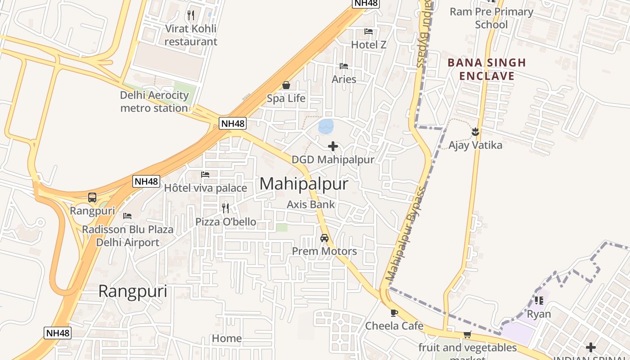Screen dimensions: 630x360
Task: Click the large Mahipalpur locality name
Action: point(304,184)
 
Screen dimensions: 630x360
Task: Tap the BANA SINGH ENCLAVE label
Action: point(487,69)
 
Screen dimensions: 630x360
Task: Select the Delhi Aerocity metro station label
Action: point(154,102)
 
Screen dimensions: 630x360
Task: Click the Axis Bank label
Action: point(311,204)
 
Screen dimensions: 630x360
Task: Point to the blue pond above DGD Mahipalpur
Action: point(326,126)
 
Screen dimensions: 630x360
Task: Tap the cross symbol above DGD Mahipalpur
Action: point(333,146)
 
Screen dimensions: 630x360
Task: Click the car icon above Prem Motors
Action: point(324,238)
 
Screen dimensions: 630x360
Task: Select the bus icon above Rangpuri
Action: point(92,197)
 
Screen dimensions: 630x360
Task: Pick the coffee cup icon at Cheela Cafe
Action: point(394,313)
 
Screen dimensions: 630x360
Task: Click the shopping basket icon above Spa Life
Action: point(286,85)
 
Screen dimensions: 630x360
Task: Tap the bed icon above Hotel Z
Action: point(369,31)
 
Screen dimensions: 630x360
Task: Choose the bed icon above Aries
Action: point(344,66)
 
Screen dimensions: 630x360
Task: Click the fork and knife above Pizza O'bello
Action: point(225,208)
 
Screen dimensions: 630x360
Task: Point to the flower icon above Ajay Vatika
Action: point(475,132)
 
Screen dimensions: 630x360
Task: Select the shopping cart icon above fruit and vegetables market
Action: point(468,334)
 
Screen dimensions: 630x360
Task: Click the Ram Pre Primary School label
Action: point(491,18)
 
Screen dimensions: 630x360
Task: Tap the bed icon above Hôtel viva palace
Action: point(205,175)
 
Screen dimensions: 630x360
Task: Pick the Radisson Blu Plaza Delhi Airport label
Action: point(127,236)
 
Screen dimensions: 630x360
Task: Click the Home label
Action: point(227,338)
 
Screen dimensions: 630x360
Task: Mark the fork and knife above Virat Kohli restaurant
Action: point(191,15)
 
